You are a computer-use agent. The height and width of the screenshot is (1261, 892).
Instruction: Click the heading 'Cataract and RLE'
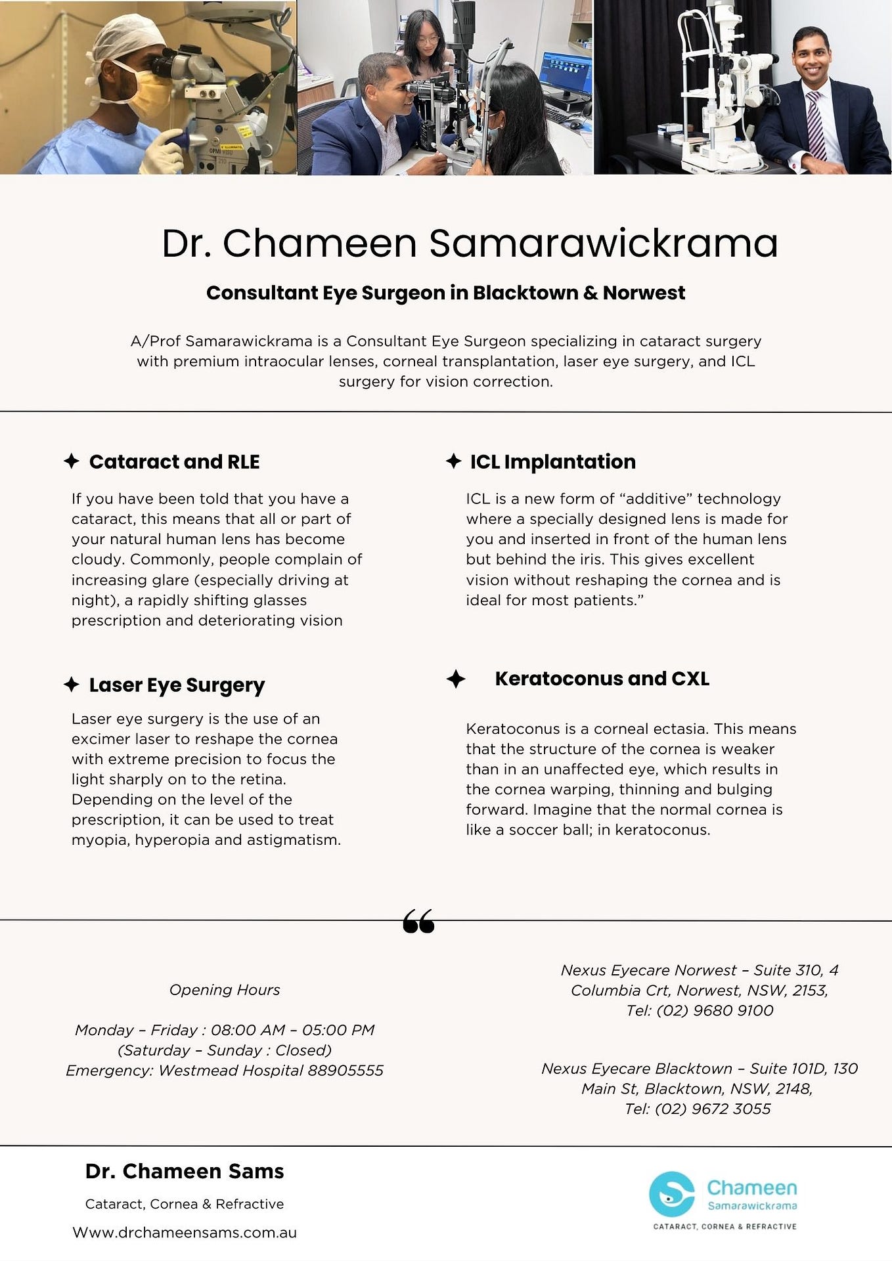coord(174,461)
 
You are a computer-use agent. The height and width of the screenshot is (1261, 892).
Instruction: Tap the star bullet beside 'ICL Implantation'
coord(453,461)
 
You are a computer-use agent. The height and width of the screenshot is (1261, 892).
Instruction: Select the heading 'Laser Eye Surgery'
coord(177,685)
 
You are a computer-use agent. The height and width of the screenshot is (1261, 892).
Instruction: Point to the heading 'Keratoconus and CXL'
coord(602,678)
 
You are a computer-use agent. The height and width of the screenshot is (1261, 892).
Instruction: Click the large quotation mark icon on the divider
coord(418,921)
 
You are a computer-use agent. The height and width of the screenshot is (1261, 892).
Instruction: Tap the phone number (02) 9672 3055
coord(713,1109)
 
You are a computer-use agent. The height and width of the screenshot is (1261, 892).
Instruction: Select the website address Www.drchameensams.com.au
coord(185,1232)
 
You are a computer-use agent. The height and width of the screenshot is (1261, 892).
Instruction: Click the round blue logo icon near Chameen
coord(671,1194)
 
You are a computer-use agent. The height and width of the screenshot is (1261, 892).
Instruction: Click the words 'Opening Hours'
coord(225,989)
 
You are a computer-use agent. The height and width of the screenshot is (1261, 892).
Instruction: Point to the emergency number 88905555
coord(346,1071)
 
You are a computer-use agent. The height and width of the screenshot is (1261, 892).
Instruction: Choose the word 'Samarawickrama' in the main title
coord(603,243)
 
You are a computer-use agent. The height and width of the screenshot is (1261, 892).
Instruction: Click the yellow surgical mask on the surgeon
coord(152,95)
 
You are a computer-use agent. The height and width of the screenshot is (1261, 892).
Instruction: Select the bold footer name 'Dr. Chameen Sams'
coord(185,1171)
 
